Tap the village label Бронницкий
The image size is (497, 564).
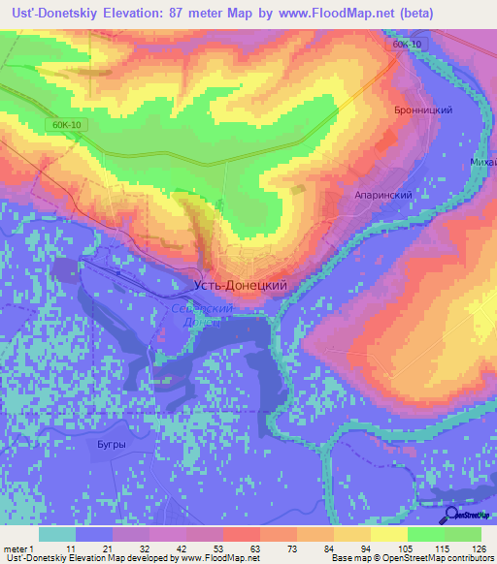[x=424, y=110]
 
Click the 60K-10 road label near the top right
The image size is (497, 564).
[x=409, y=46]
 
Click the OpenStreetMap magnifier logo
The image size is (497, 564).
[x=452, y=515]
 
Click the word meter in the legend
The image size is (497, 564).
[x=16, y=548]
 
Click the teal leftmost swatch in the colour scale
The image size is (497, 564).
[x=57, y=533]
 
